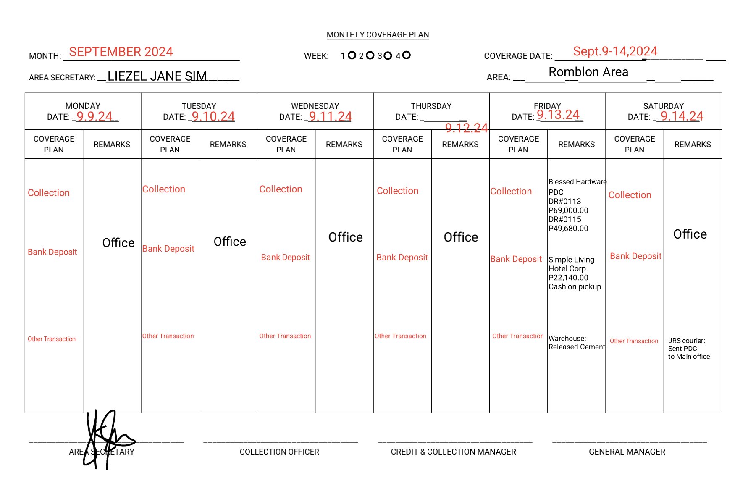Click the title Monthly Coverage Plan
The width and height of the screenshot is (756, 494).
coord(378,35)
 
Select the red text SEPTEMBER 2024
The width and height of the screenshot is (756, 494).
coord(121,52)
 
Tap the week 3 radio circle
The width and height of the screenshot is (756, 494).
coord(388,55)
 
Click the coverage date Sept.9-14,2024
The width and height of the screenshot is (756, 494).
coord(615,52)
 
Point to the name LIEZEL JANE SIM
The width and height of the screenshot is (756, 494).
coord(157,76)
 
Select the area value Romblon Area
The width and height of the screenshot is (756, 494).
coord(588,72)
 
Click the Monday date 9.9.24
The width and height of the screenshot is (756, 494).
coord(94,116)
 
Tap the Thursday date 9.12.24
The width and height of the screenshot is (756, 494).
coord(466,128)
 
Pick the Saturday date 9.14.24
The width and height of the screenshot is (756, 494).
coord(682,116)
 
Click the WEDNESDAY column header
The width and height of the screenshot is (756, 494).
coord(315,106)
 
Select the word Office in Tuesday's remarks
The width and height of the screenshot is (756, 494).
coord(230,242)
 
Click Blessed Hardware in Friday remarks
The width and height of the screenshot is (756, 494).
coord(577,182)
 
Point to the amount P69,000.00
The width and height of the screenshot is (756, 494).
coord(568,210)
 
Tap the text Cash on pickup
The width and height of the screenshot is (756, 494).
coord(575,287)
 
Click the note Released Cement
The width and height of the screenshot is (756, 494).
coord(577,347)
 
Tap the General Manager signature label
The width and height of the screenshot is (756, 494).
coord(627,452)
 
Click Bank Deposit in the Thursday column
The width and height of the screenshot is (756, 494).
coord(402,258)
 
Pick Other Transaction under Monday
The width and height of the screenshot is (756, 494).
coord(52,339)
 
